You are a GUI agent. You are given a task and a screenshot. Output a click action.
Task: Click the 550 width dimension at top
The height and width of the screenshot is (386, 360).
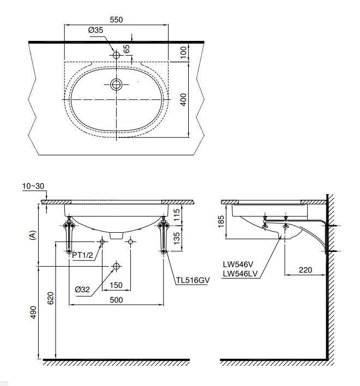pos(116,19)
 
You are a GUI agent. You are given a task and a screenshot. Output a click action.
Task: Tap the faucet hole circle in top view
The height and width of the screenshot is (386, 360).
pos(116,55)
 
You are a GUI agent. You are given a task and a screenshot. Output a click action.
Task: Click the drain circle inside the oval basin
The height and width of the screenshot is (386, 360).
pos(116,85)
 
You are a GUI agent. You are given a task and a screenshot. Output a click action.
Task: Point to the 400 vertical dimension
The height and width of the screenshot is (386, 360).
pos(184,99)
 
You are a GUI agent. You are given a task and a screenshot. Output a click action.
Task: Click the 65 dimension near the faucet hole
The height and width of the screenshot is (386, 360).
pos(127,49)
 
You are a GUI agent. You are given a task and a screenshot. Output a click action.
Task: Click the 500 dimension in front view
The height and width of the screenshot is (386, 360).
pos(116,300)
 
